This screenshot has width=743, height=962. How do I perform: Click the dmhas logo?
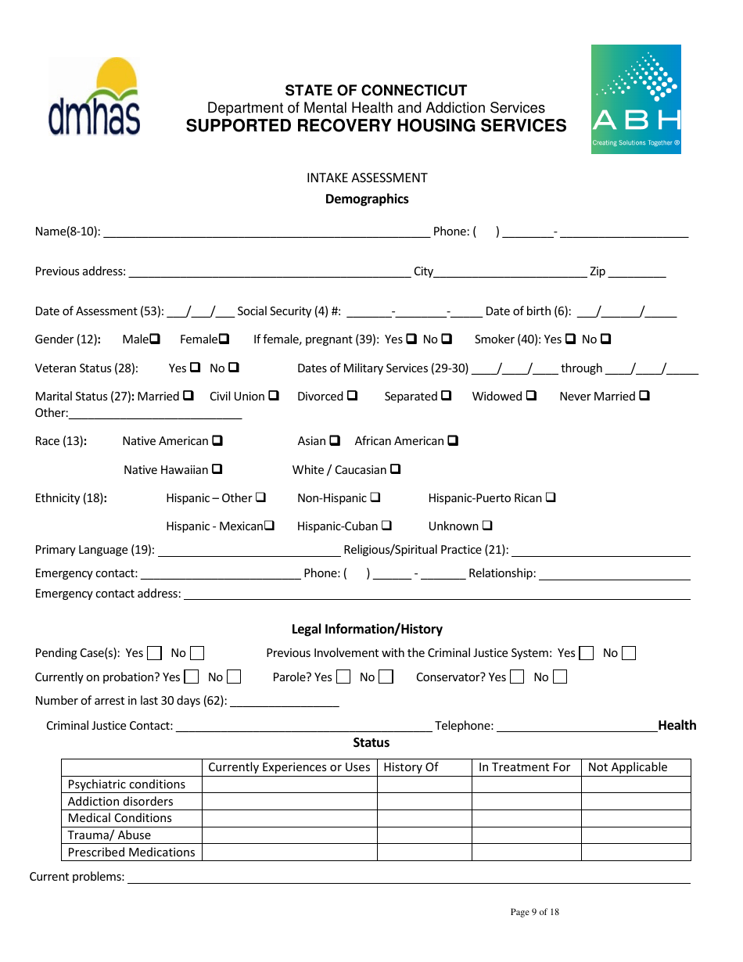[x=94, y=97]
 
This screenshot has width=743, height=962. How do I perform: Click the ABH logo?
[x=636, y=99]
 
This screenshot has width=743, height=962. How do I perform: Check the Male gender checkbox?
[x=155, y=339]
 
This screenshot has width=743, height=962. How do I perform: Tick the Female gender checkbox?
[x=224, y=339]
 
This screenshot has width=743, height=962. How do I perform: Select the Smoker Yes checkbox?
[x=570, y=339]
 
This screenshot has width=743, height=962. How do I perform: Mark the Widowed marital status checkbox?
[x=531, y=396]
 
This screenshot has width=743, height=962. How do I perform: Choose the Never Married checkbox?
[x=644, y=396]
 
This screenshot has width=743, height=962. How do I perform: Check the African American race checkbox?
[x=453, y=441]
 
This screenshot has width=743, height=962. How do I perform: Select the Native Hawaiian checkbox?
[x=217, y=469]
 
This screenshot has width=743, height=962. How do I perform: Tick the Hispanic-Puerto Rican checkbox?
[x=551, y=497]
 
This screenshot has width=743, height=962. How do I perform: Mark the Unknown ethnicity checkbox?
[x=487, y=526]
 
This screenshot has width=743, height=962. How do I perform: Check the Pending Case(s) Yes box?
[x=155, y=653]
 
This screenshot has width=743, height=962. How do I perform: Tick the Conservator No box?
[x=559, y=677]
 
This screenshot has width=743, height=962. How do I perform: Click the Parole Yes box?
[x=343, y=677]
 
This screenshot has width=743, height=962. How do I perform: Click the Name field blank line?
[x=266, y=233]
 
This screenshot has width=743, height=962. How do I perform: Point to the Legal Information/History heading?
[x=367, y=629]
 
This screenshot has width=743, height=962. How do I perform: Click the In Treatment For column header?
[x=525, y=767]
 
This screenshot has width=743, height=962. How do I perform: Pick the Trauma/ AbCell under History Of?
[x=425, y=835]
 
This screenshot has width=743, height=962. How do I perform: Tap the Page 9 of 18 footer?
[x=534, y=912]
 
